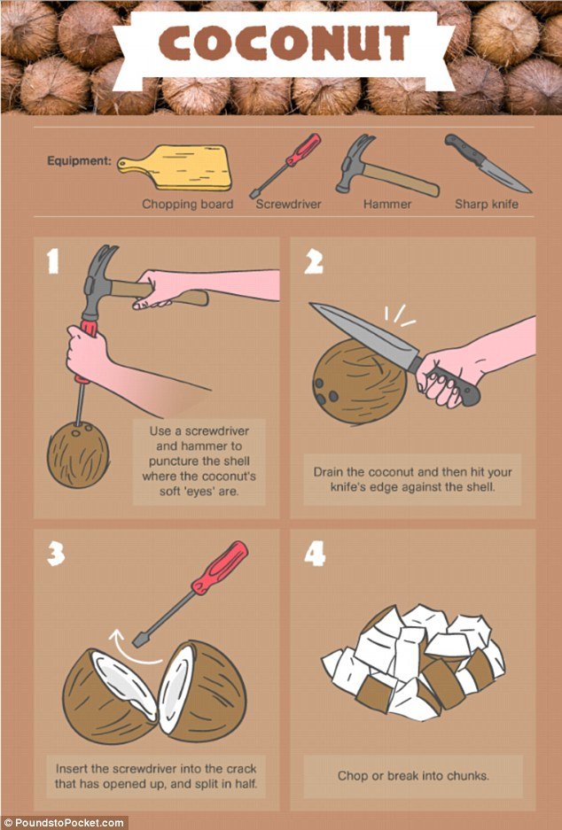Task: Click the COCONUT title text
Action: pyautogui.click(x=284, y=43)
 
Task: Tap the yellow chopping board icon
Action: pyautogui.click(x=175, y=167)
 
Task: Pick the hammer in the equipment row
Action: pyautogui.click(x=386, y=166)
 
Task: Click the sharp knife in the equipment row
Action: pyautogui.click(x=487, y=164)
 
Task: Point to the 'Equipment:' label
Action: pyautogui.click(x=80, y=160)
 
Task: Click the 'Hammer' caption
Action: pyautogui.click(x=387, y=204)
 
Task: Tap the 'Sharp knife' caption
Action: pyautogui.click(x=487, y=204)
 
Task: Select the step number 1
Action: pyautogui.click(x=52, y=261)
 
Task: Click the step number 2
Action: pyautogui.click(x=313, y=261)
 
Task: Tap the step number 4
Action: pyautogui.click(x=315, y=554)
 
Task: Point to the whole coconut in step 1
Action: pyautogui.click(x=78, y=454)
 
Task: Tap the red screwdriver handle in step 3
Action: pyautogui.click(x=220, y=568)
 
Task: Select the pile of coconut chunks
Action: pyautogui.click(x=413, y=663)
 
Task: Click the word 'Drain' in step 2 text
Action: pyautogui.click(x=328, y=471)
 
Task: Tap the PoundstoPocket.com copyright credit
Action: pyautogui.click(x=64, y=823)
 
